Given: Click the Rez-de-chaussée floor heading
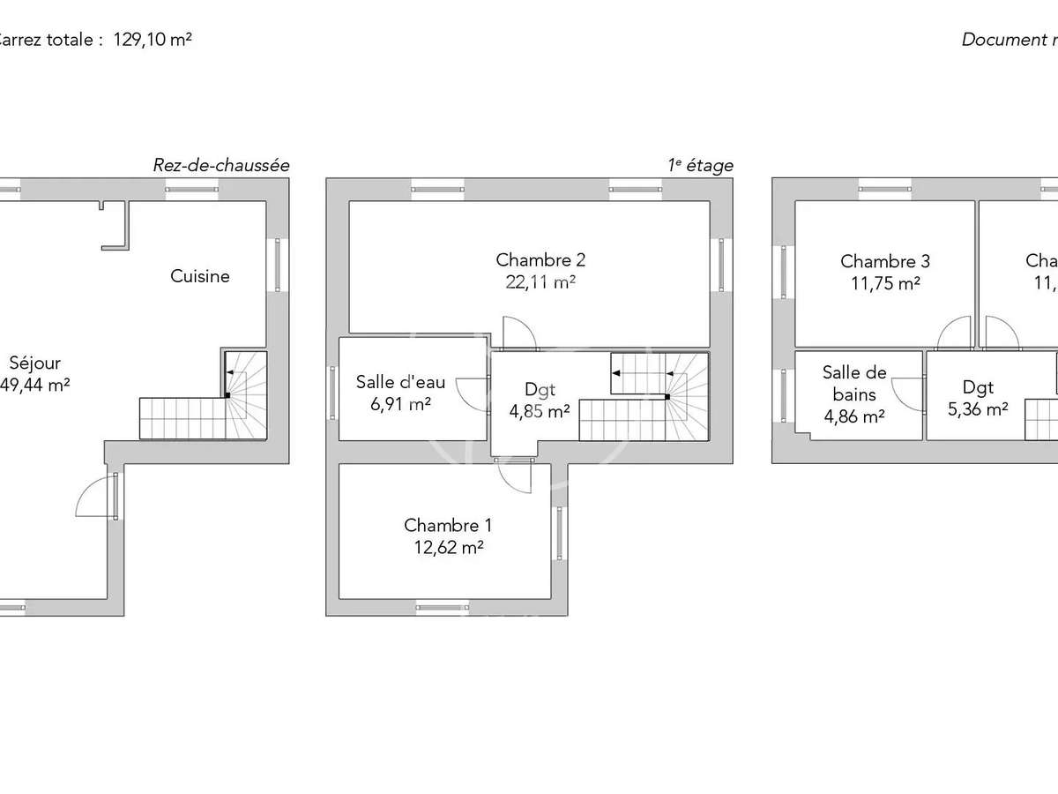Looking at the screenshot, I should pyautogui.click(x=221, y=165).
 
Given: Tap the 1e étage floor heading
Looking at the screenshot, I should pyautogui.click(x=701, y=165).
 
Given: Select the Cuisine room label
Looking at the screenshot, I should pyautogui.click(x=200, y=276).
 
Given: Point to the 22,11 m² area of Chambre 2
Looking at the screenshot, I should pyautogui.click(x=540, y=282).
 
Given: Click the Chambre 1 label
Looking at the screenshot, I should pyautogui.click(x=448, y=525).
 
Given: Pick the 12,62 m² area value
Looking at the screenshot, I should pyautogui.click(x=448, y=547).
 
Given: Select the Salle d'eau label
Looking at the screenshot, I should pyautogui.click(x=400, y=382).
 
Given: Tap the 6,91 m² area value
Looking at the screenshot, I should pyautogui.click(x=400, y=404).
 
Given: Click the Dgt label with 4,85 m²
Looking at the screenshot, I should pyautogui.click(x=540, y=388).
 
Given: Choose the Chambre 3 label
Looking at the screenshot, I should pyautogui.click(x=884, y=261).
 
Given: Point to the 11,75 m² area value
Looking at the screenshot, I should pyautogui.click(x=884, y=283).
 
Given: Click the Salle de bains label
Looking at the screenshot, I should pyautogui.click(x=854, y=384).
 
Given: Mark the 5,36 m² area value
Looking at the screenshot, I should pyautogui.click(x=978, y=409).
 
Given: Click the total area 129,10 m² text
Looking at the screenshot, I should pyautogui.click(x=153, y=40).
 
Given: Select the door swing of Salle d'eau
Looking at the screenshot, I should pyautogui.click(x=474, y=394).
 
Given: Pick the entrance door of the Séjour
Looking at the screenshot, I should pyautogui.click(x=95, y=498).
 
